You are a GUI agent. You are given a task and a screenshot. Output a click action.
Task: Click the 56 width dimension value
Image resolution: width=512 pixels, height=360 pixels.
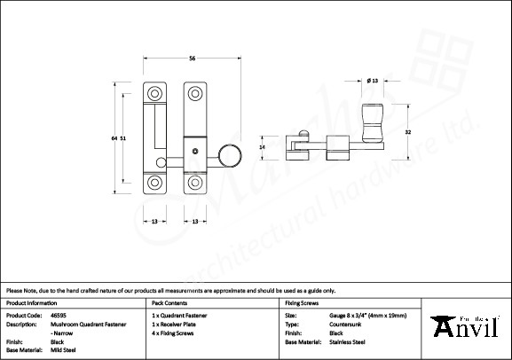point(192,59)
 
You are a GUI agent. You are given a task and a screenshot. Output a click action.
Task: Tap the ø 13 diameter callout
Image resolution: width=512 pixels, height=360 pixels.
point(372,81)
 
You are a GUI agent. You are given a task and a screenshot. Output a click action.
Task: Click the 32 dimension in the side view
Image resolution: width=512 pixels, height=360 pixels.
point(406,131)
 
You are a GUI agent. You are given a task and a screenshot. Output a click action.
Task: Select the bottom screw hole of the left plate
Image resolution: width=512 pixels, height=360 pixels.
point(155,184)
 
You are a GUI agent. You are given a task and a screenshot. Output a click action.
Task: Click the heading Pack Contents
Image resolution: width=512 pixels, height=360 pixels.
point(169,302)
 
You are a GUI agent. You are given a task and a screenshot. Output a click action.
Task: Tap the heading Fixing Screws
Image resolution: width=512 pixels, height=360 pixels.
point(300,302)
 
